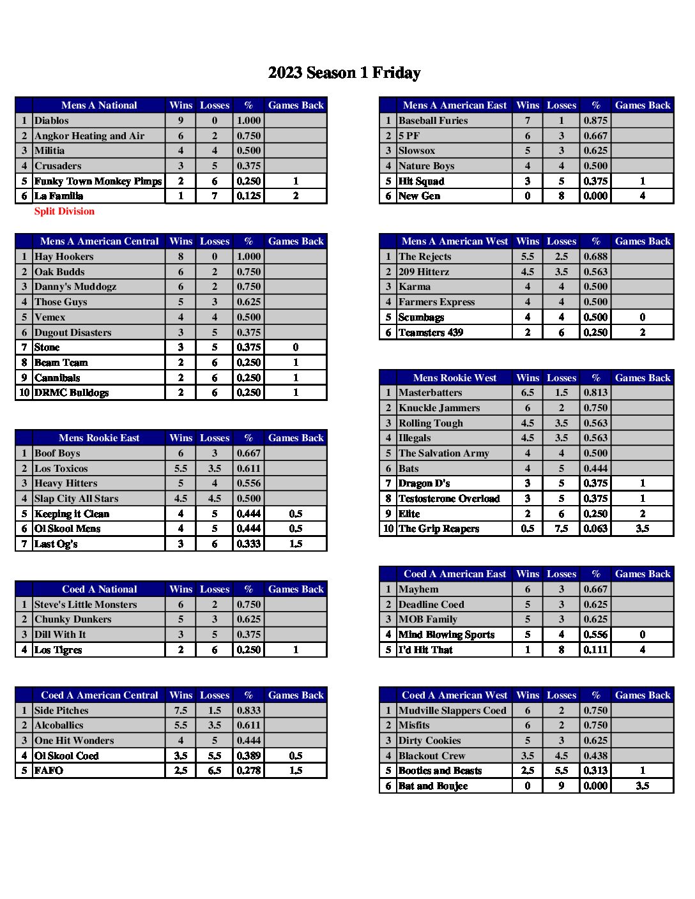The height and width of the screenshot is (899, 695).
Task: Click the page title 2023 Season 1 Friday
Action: coord(344,73)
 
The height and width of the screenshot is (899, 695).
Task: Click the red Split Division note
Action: coord(64,211)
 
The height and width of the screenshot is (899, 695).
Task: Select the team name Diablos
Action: coord(52,121)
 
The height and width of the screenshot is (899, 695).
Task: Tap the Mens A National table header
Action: coord(99,105)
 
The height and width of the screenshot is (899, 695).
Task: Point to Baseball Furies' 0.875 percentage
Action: coord(595,121)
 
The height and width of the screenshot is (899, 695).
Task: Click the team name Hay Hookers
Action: coord(64,257)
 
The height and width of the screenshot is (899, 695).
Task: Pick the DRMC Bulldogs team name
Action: coord(72,393)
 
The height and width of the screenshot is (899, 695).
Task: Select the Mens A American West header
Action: coord(454,241)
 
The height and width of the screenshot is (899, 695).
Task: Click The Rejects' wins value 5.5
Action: coord(527,257)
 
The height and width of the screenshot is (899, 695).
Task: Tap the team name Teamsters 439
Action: coord(431,333)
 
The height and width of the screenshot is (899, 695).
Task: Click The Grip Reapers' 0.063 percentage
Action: coord(595,529)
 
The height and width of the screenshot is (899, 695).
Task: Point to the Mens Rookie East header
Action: coord(99,438)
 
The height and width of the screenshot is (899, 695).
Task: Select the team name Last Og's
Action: coord(56,544)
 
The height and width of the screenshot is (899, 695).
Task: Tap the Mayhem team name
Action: coord(418,589)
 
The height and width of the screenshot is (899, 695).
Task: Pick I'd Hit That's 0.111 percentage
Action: coord(595,650)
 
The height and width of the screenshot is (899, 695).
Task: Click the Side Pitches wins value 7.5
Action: coord(181,711)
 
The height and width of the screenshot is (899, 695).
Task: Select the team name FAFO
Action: coord(49,771)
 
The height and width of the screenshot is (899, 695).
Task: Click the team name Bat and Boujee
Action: coord(433,786)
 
